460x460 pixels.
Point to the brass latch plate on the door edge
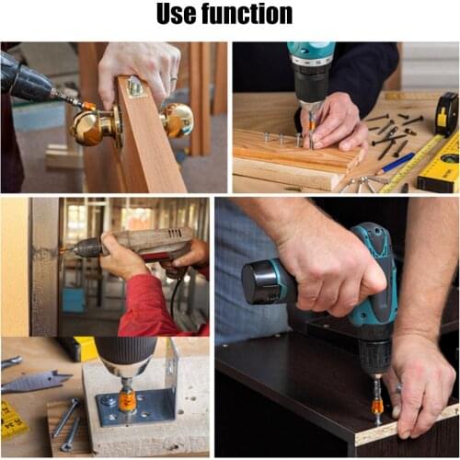(136, 87)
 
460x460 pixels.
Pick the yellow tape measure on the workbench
(446, 114)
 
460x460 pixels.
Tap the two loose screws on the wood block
(65, 422)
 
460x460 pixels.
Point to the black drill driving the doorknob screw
(28, 81)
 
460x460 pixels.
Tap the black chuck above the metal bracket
(125, 360)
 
